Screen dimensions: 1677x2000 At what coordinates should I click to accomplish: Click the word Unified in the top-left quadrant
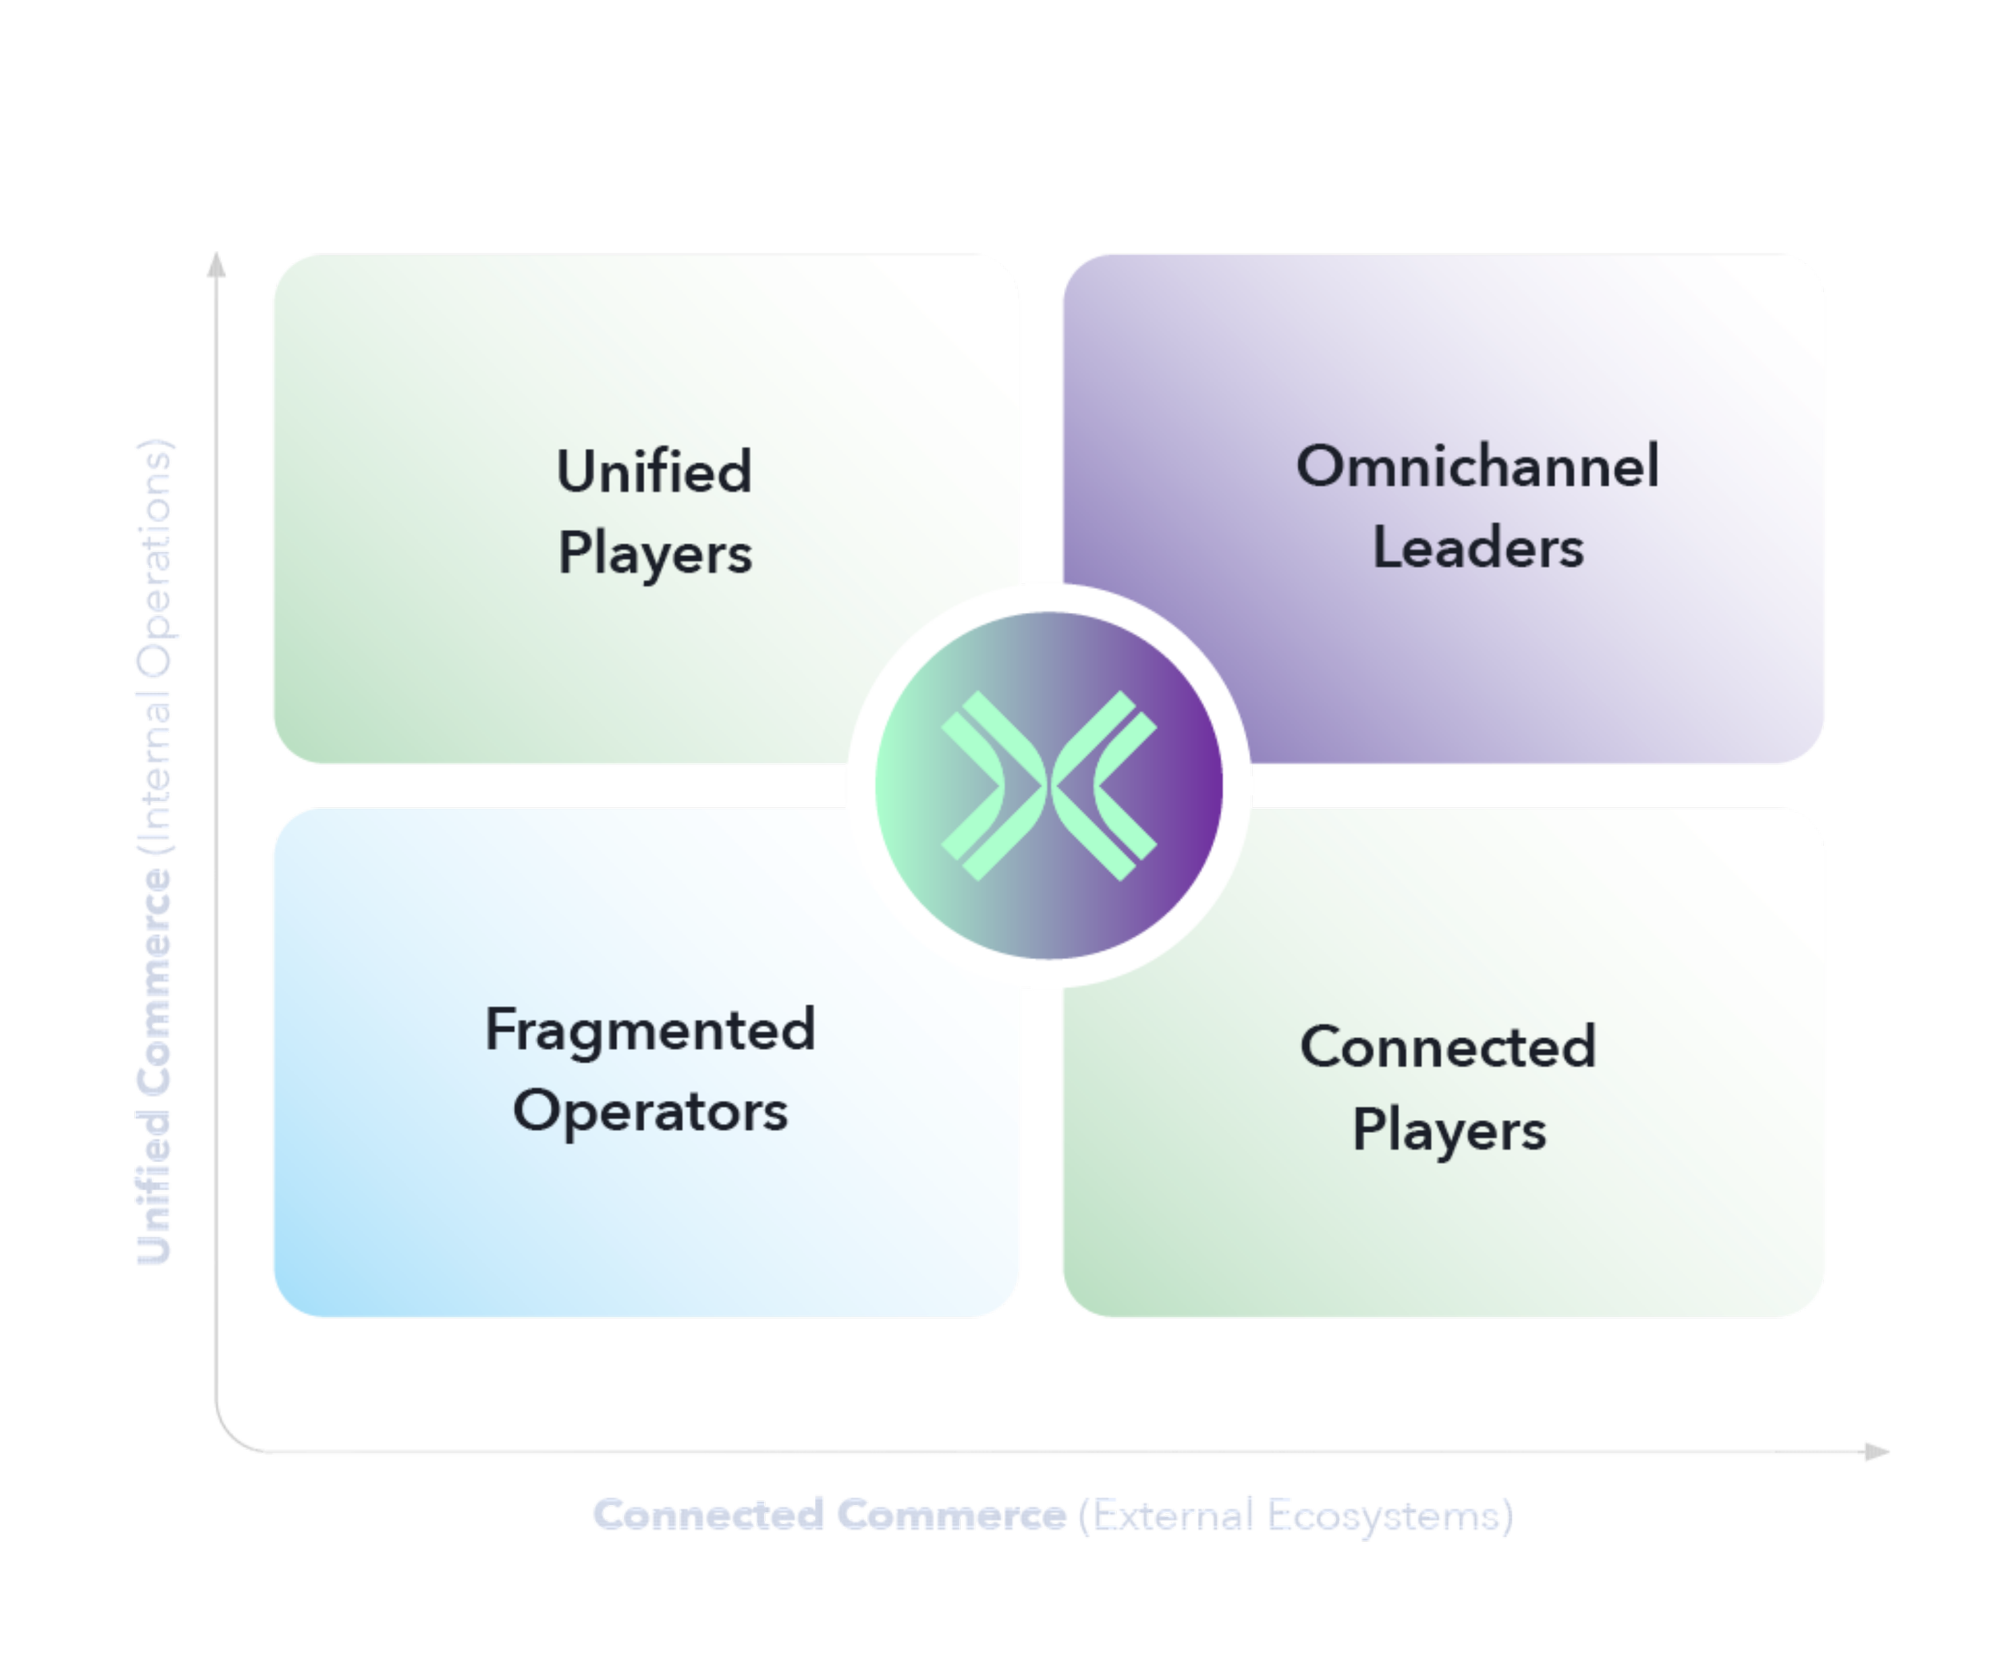(x=654, y=471)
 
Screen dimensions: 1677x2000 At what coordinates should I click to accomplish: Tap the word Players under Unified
(x=655, y=554)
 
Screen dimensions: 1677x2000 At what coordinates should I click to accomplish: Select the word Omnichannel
(x=1477, y=466)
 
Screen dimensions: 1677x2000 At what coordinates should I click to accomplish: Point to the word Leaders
(x=1477, y=549)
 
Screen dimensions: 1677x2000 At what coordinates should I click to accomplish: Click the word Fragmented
(x=650, y=1031)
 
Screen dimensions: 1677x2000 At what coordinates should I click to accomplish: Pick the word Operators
(x=650, y=1111)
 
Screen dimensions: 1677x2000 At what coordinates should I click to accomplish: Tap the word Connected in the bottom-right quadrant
(x=1448, y=1047)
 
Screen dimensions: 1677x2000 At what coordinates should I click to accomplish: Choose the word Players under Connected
(x=1449, y=1131)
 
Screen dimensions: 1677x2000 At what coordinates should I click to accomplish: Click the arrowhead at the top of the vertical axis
(x=217, y=266)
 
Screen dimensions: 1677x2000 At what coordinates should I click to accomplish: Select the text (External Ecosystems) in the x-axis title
(x=1295, y=1514)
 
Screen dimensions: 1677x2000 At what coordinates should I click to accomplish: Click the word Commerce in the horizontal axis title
(x=950, y=1514)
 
